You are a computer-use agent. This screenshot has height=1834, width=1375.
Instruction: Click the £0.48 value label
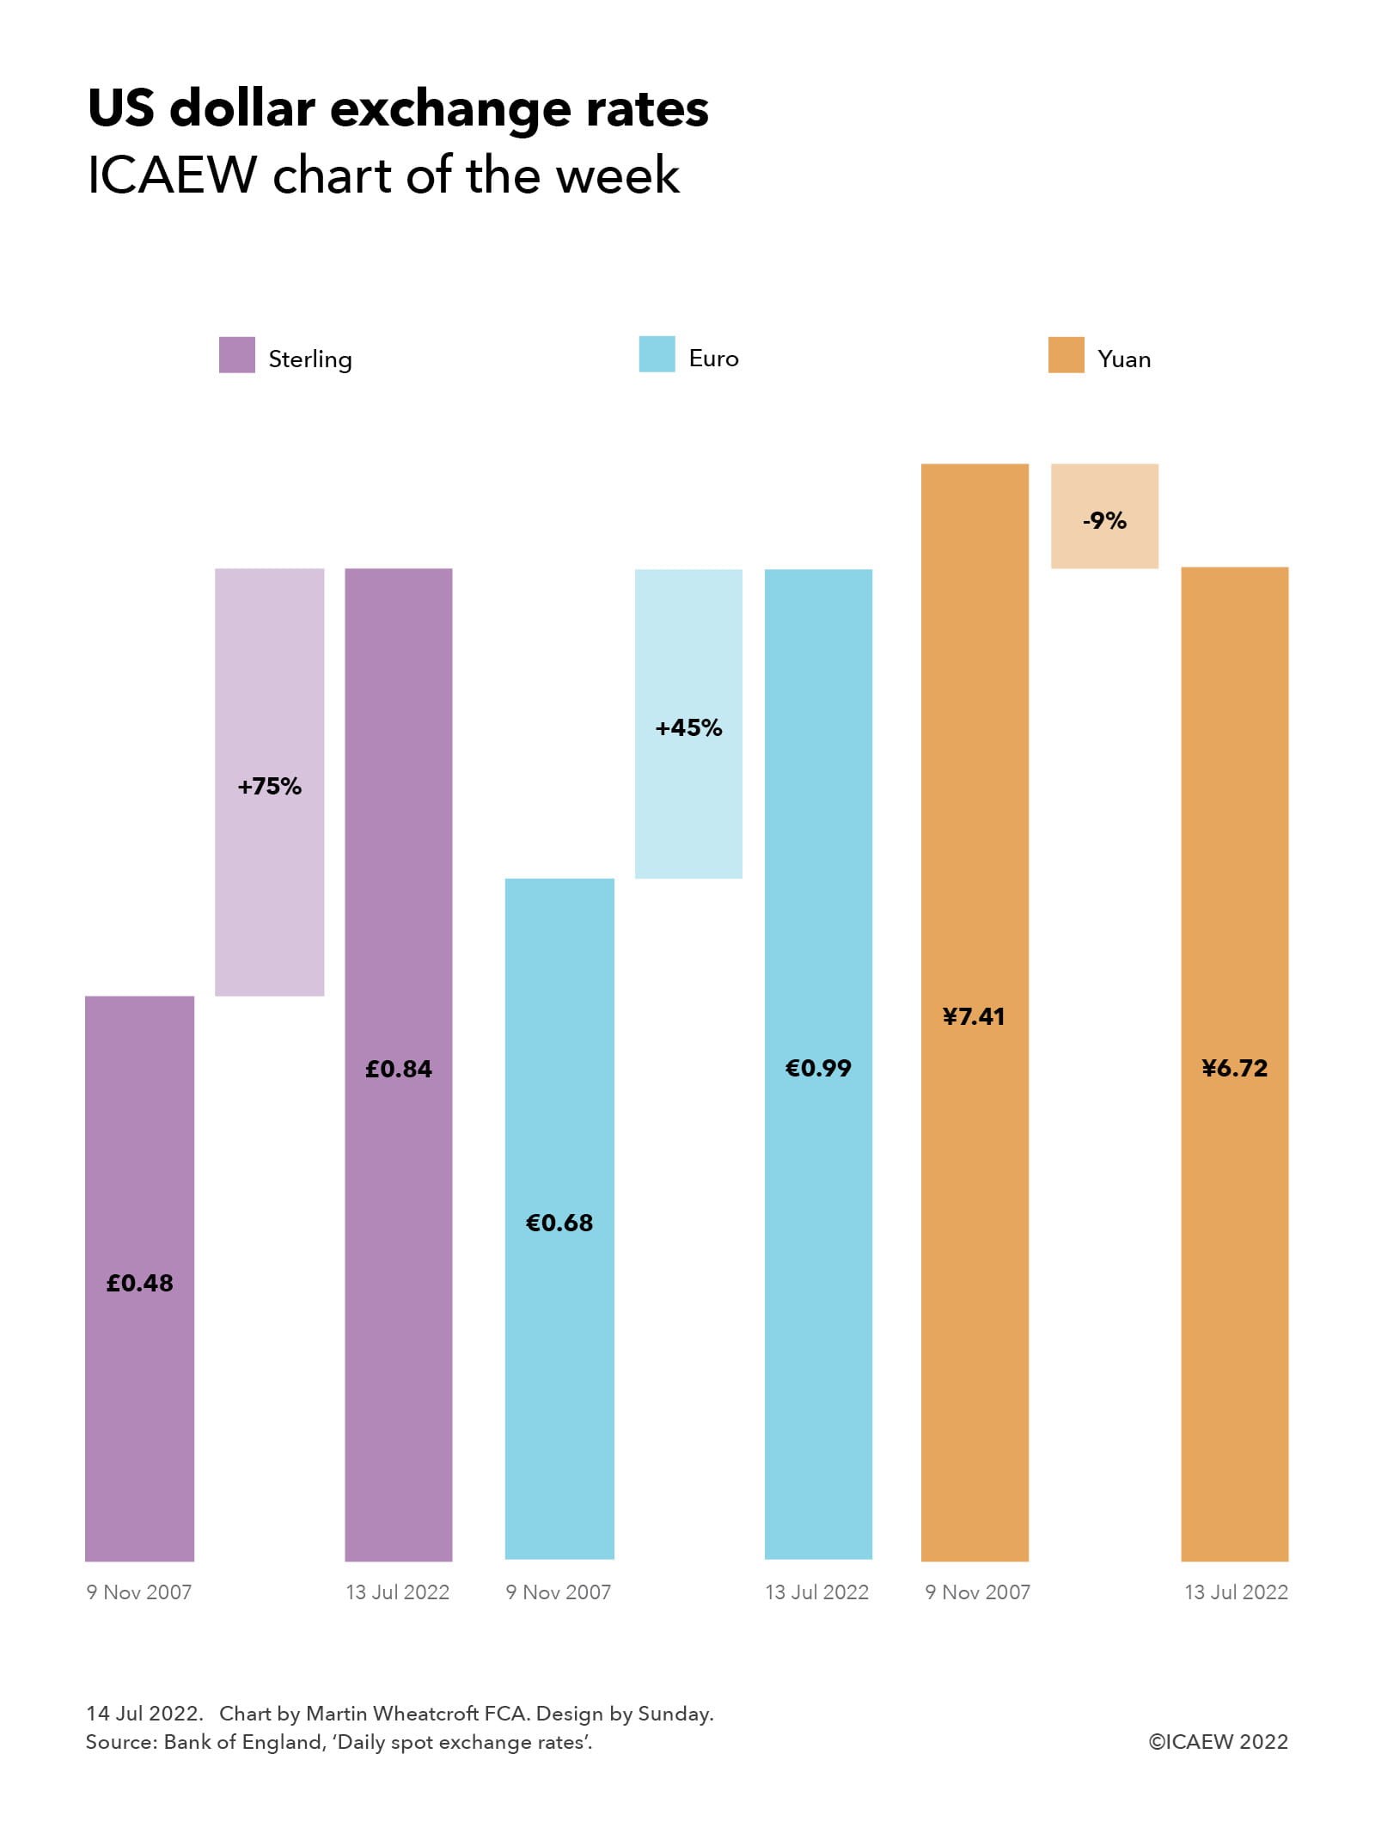pos(139,1283)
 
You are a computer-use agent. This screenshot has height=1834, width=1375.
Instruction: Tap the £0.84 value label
pos(398,1069)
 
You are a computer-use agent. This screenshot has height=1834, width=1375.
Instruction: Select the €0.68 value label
pos(559,1223)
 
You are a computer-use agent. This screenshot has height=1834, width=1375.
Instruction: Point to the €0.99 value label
pos(818,1068)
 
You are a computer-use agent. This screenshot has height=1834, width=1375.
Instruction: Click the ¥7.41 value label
pos(974,1016)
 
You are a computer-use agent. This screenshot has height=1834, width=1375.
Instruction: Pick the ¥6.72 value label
pos(1234,1068)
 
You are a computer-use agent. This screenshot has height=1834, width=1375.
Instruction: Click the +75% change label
pos(270,786)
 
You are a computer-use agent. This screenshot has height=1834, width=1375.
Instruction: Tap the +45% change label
pos(688,727)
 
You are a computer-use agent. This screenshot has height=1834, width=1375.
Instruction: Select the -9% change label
pos(1104,520)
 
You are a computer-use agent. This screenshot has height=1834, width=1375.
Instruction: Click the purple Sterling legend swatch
pos(236,355)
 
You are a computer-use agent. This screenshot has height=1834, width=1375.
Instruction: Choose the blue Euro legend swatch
pos(657,355)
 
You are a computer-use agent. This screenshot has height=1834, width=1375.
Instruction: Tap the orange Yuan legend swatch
pos(1066,355)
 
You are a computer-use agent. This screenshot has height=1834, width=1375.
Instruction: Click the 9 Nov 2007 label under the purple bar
pos(139,1592)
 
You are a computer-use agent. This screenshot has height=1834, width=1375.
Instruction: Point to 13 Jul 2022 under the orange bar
pos(1236,1592)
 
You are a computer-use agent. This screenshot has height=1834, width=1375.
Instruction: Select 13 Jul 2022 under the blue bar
pos(816,1592)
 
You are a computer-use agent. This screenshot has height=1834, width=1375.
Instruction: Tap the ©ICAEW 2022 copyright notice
pos(1218,1742)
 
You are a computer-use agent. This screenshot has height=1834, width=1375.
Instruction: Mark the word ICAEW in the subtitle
pos(172,175)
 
